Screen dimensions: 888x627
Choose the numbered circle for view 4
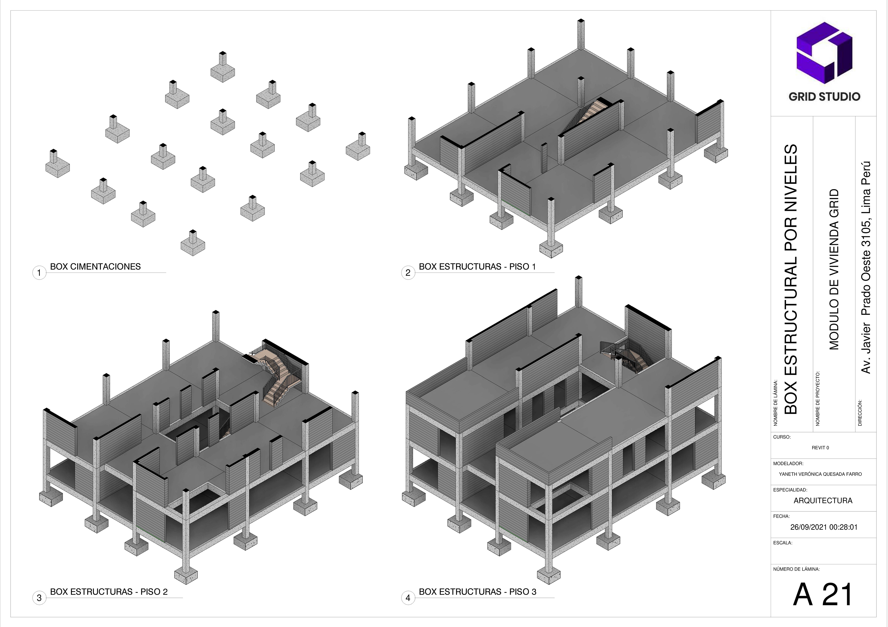[x=408, y=598]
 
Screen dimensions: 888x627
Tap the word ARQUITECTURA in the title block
[x=823, y=501]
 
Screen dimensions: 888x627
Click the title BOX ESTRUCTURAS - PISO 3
[x=478, y=592]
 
